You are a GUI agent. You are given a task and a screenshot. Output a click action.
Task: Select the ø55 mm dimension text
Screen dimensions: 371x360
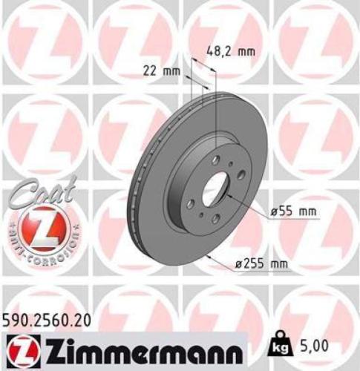293,212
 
